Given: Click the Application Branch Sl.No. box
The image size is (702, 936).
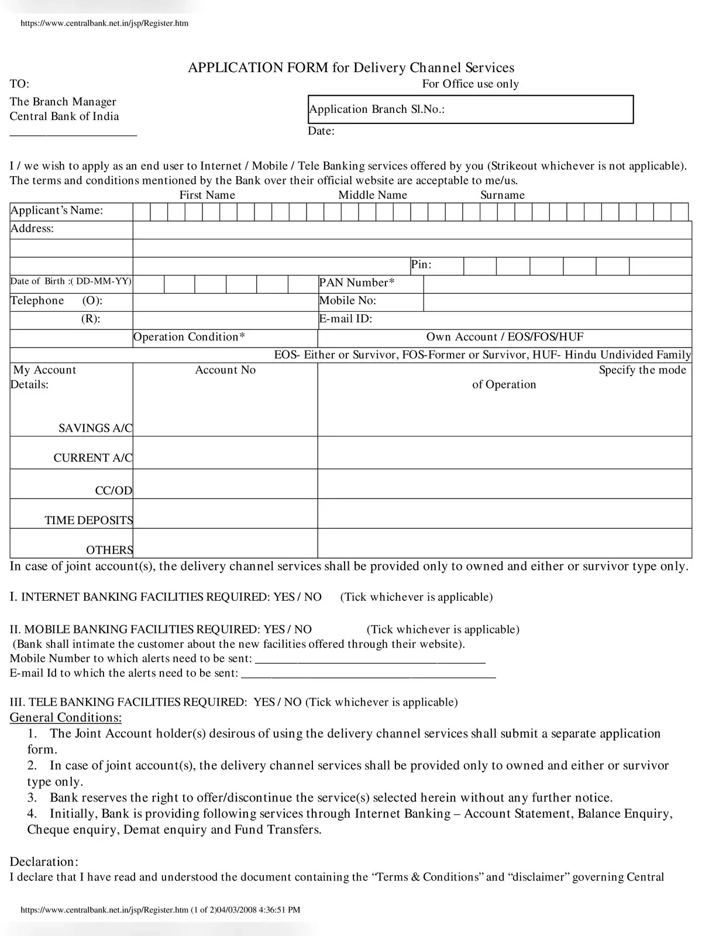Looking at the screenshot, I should [470, 109].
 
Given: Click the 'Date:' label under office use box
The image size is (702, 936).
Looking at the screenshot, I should [321, 131].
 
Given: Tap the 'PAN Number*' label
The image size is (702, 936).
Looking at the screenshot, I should [357, 283].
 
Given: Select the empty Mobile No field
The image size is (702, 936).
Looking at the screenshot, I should [557, 302].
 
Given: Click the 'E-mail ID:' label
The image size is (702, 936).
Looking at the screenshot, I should [346, 319].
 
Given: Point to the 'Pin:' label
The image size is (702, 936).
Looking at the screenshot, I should [421, 265].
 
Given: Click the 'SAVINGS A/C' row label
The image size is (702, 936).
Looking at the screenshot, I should [95, 428].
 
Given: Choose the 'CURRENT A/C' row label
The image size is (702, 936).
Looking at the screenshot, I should [93, 458].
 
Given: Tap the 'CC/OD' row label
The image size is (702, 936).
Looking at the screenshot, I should [113, 491].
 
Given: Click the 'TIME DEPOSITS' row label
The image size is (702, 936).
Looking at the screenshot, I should [88, 520].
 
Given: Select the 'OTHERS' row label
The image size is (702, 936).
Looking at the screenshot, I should [109, 550].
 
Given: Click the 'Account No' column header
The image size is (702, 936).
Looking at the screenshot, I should [225, 370].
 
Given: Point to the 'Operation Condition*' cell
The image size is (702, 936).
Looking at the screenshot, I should [189, 338].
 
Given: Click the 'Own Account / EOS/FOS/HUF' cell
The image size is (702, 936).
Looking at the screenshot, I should [504, 338].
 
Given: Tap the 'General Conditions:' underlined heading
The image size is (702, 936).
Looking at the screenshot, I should [66, 718].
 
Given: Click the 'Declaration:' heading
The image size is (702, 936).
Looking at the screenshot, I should [44, 862].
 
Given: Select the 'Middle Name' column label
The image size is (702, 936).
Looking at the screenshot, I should [373, 195].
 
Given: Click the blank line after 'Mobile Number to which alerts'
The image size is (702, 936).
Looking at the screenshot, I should [370, 659].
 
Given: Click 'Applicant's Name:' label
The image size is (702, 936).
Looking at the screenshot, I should [57, 211].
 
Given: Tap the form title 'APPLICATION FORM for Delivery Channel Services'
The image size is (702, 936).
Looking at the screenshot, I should [351, 68].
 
